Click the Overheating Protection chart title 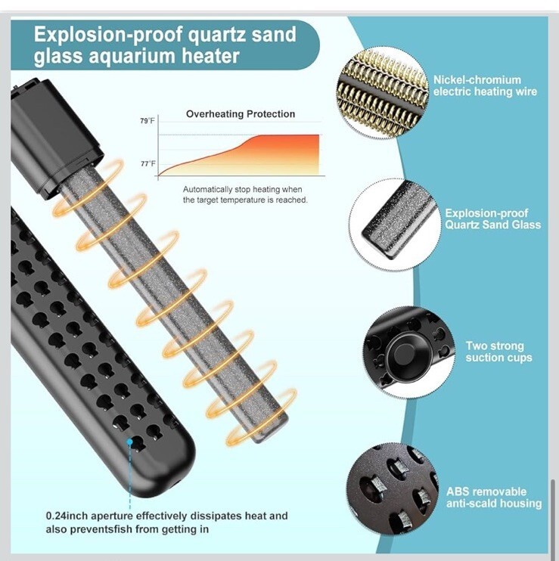click(241, 114)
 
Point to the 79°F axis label click(147, 121)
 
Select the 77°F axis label click(147, 163)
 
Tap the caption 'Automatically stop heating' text click(242, 189)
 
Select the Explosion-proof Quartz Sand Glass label click(492, 219)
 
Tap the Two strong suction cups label click(498, 352)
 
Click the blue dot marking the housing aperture click(129, 440)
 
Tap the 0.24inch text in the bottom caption click(69, 516)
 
